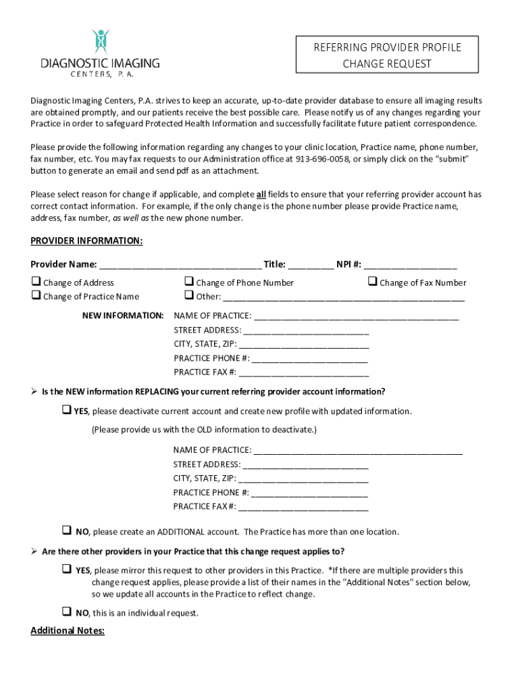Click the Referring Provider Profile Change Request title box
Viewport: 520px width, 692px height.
[x=387, y=55]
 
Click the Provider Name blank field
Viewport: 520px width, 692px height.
[x=180, y=265]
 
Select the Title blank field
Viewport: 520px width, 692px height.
[x=311, y=265]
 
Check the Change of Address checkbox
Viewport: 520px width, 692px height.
[x=36, y=282]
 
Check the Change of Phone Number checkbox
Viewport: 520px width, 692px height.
[x=189, y=282]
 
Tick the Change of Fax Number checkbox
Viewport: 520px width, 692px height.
[x=372, y=282]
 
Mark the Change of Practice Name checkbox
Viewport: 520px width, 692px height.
[x=36, y=295]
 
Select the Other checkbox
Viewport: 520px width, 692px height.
[x=189, y=295]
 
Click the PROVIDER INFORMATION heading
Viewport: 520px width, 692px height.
[x=86, y=241]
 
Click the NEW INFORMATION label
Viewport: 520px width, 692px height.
[x=123, y=316]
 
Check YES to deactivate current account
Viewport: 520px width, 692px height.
[x=67, y=410]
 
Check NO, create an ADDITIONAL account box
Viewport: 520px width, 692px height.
[x=67, y=530]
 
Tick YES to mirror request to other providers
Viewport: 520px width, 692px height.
[x=67, y=569]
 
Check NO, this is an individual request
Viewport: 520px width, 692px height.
[x=67, y=612]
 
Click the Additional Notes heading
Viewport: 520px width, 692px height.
[x=68, y=631]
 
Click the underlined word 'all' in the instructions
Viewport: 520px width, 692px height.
[x=261, y=195]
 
